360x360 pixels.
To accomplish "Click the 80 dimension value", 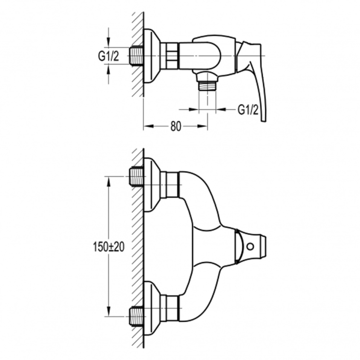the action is coord(176,126).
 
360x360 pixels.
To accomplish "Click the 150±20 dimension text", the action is coord(109,247).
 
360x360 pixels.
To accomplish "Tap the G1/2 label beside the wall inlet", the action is coord(109,56).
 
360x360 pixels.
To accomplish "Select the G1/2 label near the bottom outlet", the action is coord(248,110).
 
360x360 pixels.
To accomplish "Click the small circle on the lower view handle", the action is coord(250,247).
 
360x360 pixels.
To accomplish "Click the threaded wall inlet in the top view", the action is coord(137,56).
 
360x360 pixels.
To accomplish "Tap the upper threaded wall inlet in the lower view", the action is coord(137,177).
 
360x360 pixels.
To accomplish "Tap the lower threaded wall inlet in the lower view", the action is coord(137,317).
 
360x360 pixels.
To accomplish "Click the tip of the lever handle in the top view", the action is coord(263,120).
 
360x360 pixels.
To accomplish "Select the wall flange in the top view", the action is coord(151,56).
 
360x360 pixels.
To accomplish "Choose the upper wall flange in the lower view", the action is coord(152,184).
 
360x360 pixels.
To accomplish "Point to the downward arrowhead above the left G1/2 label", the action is coord(109,43).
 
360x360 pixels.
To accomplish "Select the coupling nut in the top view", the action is coord(169,56).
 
